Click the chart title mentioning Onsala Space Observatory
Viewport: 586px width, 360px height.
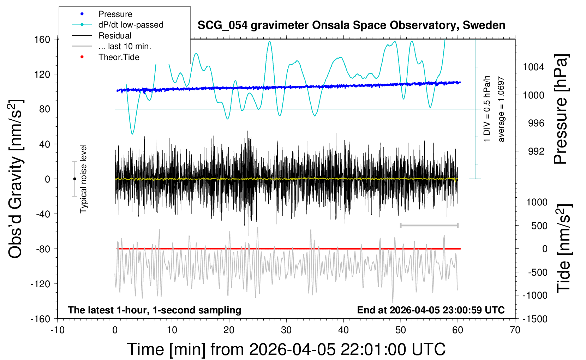point(351,25)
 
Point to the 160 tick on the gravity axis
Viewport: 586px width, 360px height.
point(42,39)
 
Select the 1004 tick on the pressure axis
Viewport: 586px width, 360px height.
point(533,67)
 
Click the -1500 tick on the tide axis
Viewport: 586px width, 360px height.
point(535,319)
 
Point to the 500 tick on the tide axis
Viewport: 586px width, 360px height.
point(539,226)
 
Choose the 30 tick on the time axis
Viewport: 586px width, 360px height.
point(286,330)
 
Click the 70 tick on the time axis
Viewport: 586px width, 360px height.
point(515,330)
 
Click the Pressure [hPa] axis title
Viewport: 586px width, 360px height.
point(561,109)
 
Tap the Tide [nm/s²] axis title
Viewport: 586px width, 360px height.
point(563,248)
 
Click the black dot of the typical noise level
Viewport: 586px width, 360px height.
point(74,179)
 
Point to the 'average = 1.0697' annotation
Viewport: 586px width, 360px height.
point(501,109)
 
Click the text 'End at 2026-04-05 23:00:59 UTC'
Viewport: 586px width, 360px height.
point(431,310)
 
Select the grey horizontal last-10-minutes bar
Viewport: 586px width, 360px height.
point(429,226)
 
